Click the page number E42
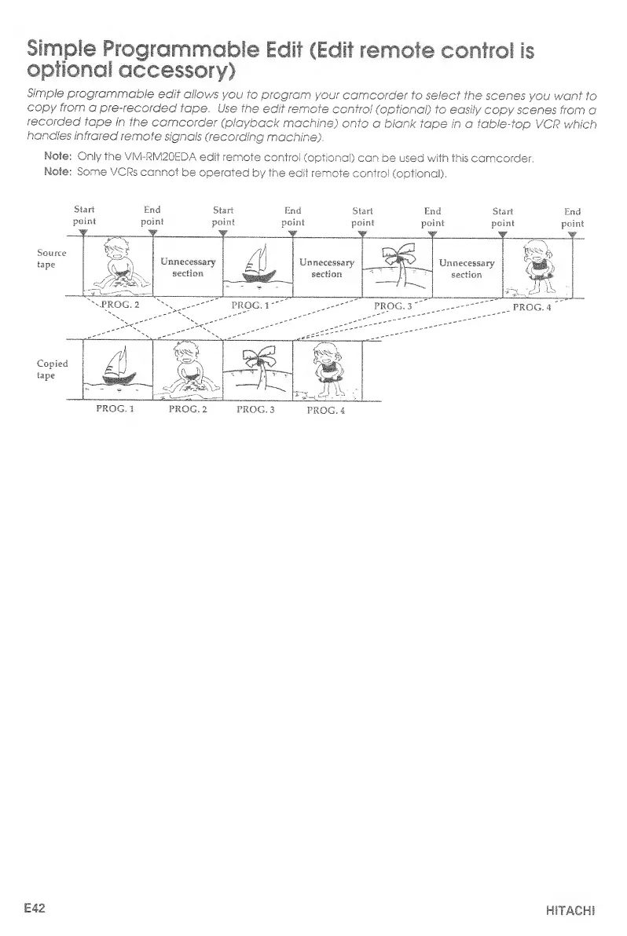(34, 909)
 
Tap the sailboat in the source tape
(256, 268)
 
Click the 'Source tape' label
(51, 261)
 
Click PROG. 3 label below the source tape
(395, 305)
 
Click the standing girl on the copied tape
(324, 369)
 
